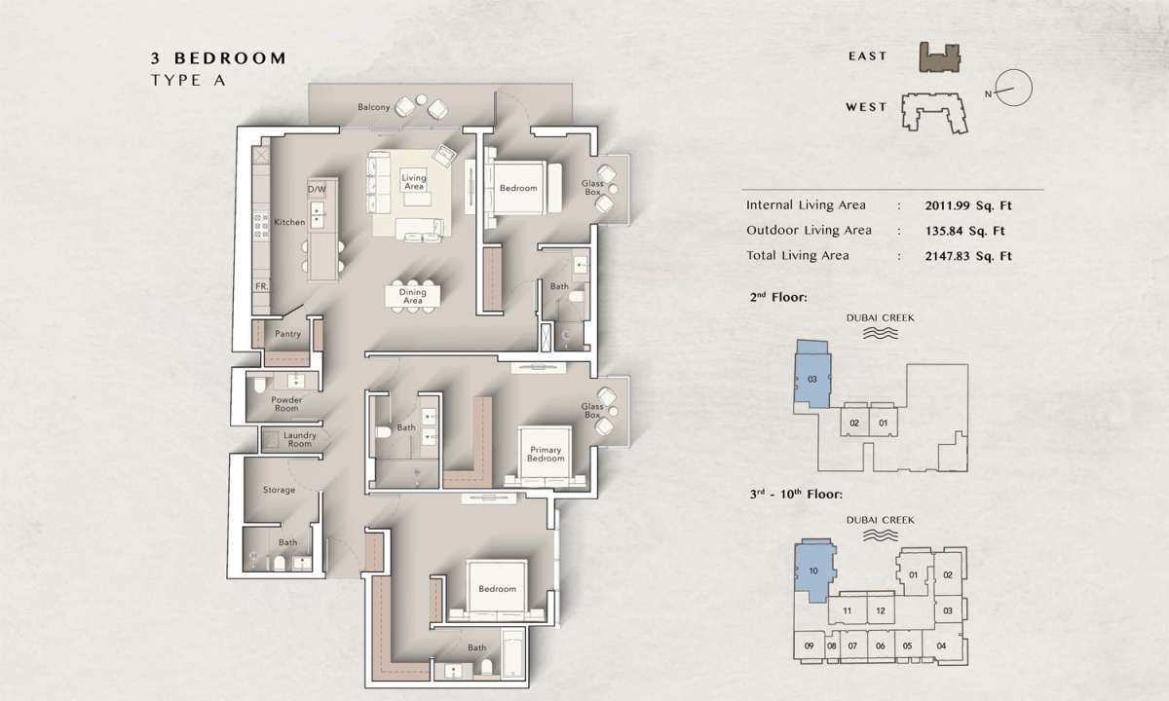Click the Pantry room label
[287, 334]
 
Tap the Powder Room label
[286, 404]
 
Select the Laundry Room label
[300, 439]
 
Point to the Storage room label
[280, 490]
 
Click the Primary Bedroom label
[546, 454]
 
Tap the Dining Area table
[412, 297]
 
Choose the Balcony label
[374, 107]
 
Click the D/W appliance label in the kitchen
[317, 189]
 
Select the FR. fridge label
[261, 286]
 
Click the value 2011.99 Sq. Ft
[968, 205]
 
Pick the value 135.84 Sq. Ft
[965, 231]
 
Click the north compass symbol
[1013, 89]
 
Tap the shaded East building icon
[939, 57]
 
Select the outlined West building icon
[934, 113]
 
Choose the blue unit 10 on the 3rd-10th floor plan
[814, 571]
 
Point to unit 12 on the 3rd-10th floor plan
[881, 610]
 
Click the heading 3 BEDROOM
[218, 57]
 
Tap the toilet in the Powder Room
[259, 385]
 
